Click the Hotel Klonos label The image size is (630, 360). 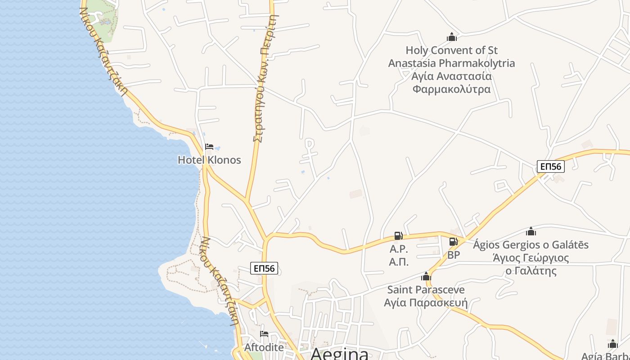pos(209,160)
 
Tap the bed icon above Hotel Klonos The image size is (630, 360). pos(209,147)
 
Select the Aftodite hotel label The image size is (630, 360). pos(264,347)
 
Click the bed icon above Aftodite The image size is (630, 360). pos(264,334)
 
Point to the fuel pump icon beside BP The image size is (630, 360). pos(453,242)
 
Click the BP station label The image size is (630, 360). pos(454,255)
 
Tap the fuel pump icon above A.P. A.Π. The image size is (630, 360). pos(398,235)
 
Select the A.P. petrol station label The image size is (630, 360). pos(399,249)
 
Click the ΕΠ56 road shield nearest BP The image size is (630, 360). pos(550,166)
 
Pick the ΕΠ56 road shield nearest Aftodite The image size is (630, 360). pos(264,269)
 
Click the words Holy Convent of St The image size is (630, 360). pos(451,50)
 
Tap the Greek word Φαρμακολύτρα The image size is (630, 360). pos(451,89)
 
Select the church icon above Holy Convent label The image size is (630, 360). pos(451,37)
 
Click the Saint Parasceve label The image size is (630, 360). pos(426,289)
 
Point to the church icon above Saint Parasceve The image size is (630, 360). pos(426,276)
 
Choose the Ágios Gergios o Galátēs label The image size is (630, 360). pos(531,245)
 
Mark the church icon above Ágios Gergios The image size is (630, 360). pos(531,232)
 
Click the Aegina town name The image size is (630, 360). pos(339,354)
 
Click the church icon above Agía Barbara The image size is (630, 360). pos(612,344)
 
